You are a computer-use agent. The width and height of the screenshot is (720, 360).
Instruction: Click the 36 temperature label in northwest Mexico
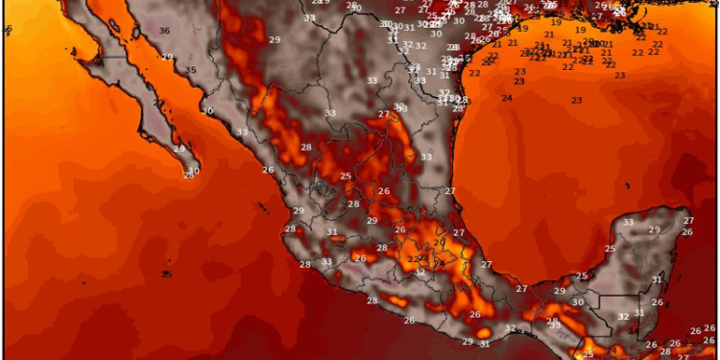point(164,31)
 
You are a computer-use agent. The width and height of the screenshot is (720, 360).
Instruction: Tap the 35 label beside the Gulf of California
point(191,70)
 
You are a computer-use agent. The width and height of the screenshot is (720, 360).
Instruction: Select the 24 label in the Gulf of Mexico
point(506,99)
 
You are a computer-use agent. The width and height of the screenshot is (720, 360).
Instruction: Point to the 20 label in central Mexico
point(438,243)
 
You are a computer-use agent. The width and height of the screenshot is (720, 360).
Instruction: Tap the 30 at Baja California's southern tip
point(193,171)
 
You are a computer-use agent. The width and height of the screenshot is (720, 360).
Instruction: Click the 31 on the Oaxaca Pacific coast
point(485,344)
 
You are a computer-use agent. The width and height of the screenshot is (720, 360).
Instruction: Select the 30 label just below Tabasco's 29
point(577,302)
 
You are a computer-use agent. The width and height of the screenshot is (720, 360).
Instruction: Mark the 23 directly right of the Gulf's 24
point(576,101)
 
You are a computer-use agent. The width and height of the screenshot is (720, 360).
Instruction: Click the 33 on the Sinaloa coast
point(242,132)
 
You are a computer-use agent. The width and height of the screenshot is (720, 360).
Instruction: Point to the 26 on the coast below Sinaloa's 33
point(268,170)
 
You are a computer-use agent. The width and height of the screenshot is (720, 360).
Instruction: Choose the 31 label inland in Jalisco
point(331,231)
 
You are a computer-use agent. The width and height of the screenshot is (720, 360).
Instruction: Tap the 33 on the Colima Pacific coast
point(326,261)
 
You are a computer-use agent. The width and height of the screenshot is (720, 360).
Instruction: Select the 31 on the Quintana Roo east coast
point(658,279)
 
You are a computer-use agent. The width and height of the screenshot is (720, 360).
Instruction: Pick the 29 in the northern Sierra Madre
point(275,39)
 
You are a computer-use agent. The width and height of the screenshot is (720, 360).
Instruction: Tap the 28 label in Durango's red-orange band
point(306,147)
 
